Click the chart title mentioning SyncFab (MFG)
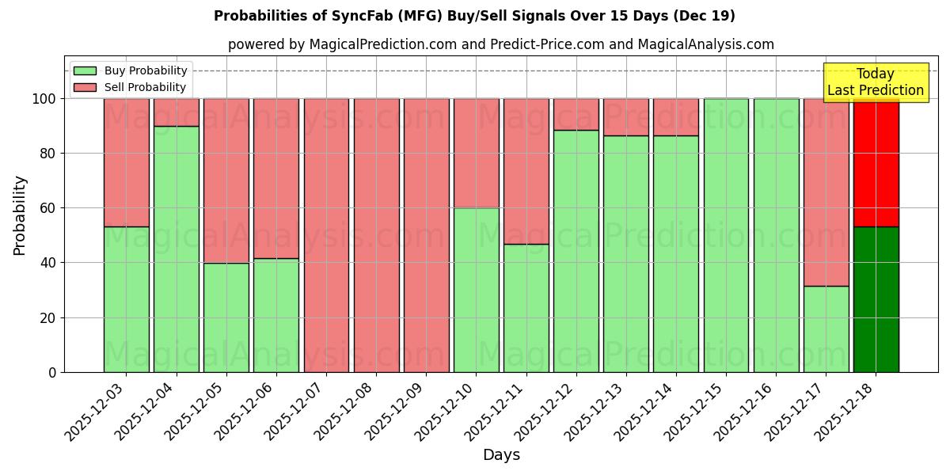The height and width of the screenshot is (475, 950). (x=474, y=16)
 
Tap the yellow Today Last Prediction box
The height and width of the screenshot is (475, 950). (x=876, y=82)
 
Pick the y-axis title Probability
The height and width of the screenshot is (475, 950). (x=20, y=215)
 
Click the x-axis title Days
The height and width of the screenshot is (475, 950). (x=501, y=454)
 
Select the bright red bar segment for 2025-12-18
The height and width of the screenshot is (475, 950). (x=876, y=162)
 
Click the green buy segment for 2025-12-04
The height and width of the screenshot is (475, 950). (x=177, y=249)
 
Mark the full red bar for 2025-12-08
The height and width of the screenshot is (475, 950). (x=376, y=235)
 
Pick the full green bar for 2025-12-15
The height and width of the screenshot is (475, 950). (x=726, y=235)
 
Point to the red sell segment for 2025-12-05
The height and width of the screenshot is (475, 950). (x=226, y=180)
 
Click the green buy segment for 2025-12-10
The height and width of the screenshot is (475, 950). (x=477, y=290)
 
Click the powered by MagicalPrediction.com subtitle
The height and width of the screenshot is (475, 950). (x=500, y=44)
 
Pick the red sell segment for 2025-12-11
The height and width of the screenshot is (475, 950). (x=526, y=171)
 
